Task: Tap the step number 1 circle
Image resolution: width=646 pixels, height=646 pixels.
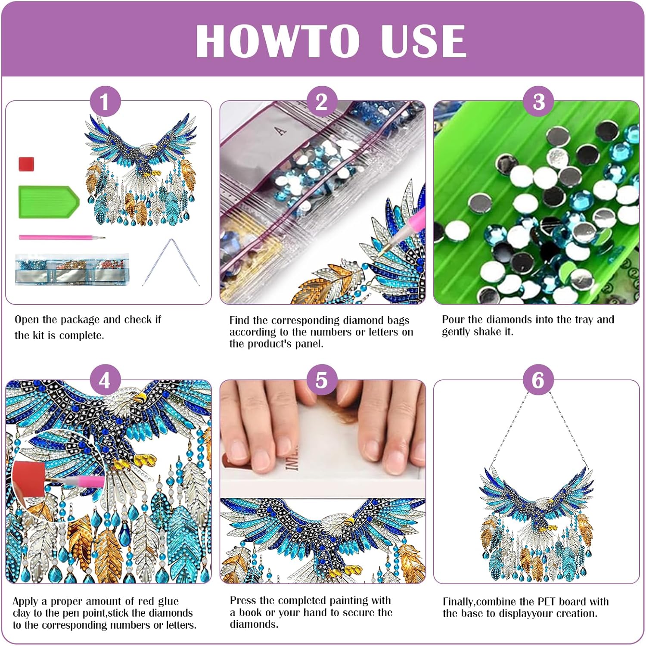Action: pos(105,102)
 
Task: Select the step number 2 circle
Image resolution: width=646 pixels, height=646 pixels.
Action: pos(322,102)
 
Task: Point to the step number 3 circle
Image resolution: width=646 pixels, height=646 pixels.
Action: pos(538,102)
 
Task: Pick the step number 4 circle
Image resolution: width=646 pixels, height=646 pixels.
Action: pos(105,380)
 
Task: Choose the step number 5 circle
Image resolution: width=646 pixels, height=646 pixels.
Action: pos(322,380)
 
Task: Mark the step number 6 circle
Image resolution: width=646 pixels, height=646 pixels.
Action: pos(538,380)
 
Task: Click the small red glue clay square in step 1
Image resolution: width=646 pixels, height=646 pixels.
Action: pos(26,164)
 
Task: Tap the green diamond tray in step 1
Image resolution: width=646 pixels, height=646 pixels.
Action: pos(49,202)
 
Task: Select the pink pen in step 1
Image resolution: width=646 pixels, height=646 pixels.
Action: pos(62,237)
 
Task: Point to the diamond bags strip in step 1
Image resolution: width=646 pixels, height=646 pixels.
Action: pos(72,269)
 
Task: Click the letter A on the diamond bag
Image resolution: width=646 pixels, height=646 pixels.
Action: pos(281,130)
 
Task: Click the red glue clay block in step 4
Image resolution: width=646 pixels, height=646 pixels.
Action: pos(28,479)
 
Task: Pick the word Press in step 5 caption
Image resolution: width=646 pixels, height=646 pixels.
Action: pos(243,600)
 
